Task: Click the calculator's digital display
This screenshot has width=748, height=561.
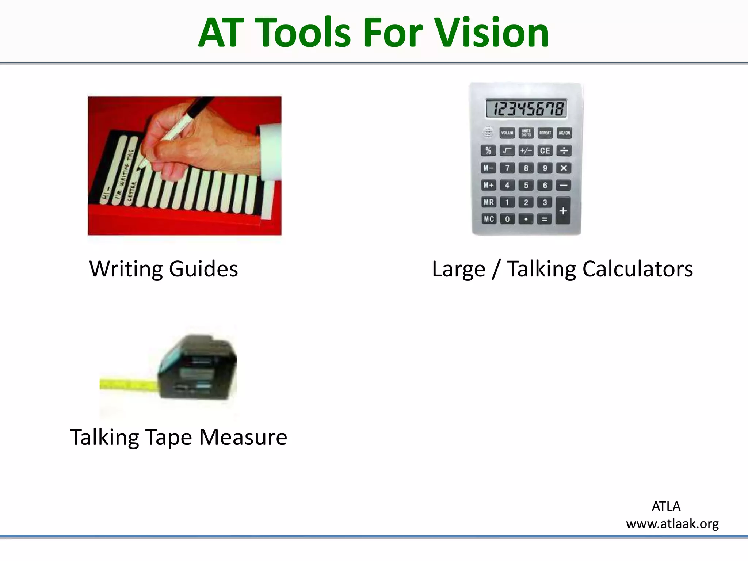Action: tap(526, 108)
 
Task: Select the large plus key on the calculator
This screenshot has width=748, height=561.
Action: tap(563, 211)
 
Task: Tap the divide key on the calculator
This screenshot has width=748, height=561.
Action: tap(564, 150)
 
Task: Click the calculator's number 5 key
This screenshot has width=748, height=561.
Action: tap(526, 185)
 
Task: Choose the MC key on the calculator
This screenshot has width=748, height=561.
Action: tap(489, 219)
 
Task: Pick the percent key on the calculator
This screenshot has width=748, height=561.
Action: tap(488, 150)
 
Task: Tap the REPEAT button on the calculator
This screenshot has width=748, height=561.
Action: tap(545, 133)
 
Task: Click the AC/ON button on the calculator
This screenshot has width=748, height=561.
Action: tap(564, 133)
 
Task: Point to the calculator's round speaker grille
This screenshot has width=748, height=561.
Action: tap(488, 131)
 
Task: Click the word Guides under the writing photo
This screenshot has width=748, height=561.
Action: tap(203, 269)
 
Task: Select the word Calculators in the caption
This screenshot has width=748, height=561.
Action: tap(637, 269)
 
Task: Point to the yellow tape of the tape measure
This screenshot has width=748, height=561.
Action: tap(128, 385)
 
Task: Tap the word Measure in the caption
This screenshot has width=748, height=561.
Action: tap(243, 437)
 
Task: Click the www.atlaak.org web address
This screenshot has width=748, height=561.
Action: tap(672, 524)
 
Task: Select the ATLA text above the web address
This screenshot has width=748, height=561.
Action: tap(666, 506)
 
